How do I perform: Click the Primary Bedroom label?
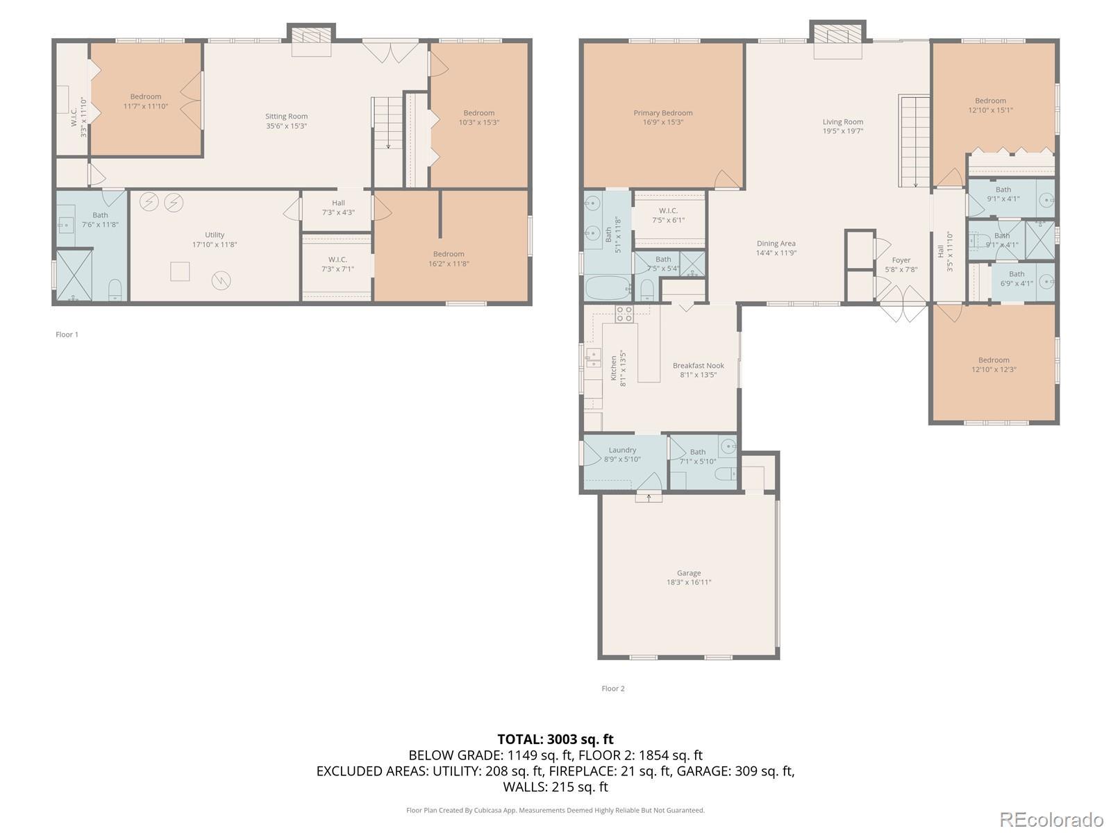(x=662, y=112)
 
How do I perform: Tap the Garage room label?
(x=688, y=573)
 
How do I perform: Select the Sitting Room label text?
(x=287, y=117)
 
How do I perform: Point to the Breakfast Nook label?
(x=698, y=365)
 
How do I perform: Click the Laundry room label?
(x=622, y=450)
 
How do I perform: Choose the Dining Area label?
(x=776, y=243)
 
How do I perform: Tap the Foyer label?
(x=901, y=260)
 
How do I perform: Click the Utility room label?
(x=214, y=235)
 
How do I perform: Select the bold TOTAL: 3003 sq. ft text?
(x=555, y=739)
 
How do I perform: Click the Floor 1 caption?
(x=67, y=335)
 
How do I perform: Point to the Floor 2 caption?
(x=613, y=689)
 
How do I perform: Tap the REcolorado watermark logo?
(x=1051, y=819)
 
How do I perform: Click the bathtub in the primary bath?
(x=608, y=288)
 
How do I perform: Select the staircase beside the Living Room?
(x=914, y=141)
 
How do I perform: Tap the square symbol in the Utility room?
(x=180, y=271)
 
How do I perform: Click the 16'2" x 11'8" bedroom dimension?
(x=449, y=264)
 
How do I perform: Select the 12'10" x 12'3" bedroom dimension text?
(x=994, y=369)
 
